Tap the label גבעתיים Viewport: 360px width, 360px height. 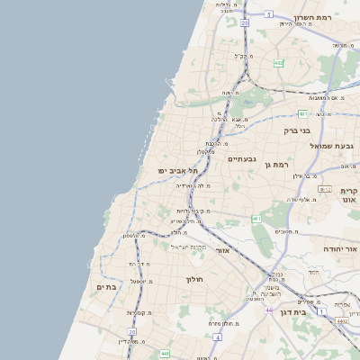pos(241,159)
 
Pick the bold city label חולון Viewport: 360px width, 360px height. pos(196,279)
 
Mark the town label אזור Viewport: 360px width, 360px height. pos(224,250)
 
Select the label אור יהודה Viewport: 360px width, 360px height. pos(340,246)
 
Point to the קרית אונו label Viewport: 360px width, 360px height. pos(350,195)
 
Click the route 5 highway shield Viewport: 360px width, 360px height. pos(269,15)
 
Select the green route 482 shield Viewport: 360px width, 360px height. pos(279,63)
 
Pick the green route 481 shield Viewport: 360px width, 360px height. pos(303,114)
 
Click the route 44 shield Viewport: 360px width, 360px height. pos(269,310)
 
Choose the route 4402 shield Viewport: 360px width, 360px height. pos(342,319)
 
